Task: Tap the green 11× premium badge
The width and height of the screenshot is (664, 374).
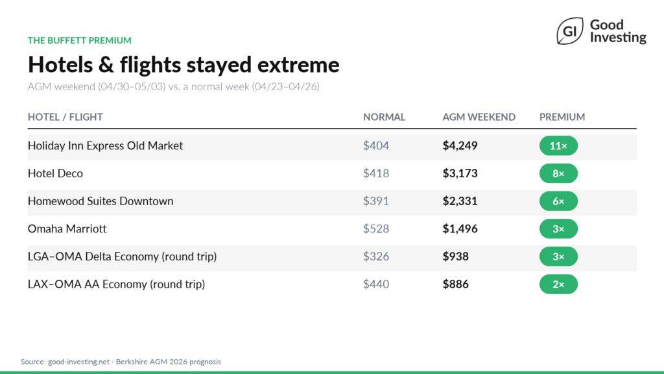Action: click(558, 146)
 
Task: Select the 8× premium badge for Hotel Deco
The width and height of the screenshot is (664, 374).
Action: click(558, 174)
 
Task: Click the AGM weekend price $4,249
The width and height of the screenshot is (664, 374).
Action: click(460, 146)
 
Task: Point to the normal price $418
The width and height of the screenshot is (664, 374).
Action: click(376, 174)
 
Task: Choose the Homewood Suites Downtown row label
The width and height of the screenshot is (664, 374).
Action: click(101, 201)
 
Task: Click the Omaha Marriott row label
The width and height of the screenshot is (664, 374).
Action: click(67, 229)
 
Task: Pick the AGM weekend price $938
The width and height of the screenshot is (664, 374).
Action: click(456, 257)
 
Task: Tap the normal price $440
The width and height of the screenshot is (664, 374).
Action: click(376, 284)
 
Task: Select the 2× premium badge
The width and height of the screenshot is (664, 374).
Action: click(558, 284)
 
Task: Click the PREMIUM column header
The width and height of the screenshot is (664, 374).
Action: click(562, 118)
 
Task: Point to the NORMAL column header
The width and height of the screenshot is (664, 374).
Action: click(384, 118)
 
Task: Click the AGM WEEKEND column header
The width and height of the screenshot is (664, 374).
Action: click(479, 118)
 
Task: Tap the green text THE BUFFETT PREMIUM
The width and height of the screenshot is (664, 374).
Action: click(80, 40)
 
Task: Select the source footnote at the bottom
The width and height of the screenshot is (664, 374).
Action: click(121, 362)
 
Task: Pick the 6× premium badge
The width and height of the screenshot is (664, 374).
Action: click(558, 201)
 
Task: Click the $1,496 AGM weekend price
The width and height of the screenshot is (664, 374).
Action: click(460, 229)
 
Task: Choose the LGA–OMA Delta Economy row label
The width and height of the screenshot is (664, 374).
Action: click(122, 257)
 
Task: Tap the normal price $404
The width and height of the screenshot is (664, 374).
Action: click(376, 146)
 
